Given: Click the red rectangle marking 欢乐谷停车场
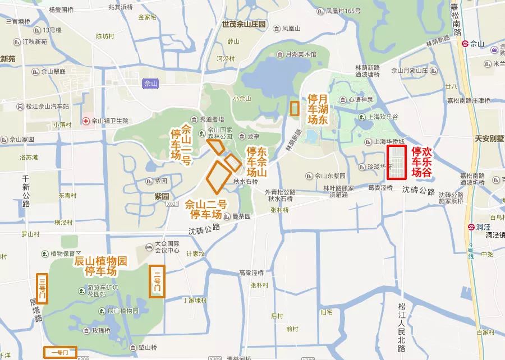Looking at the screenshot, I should point(396,162).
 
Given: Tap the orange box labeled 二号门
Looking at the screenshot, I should point(157,281).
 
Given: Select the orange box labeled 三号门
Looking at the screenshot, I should point(42,288).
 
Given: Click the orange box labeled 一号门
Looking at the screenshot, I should point(60,352).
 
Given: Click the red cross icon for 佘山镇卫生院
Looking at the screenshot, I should point(86,121).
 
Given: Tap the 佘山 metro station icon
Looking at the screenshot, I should point(465,43).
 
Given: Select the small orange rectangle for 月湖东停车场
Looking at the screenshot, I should point(294,108).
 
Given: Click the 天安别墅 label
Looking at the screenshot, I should point(489,138).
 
